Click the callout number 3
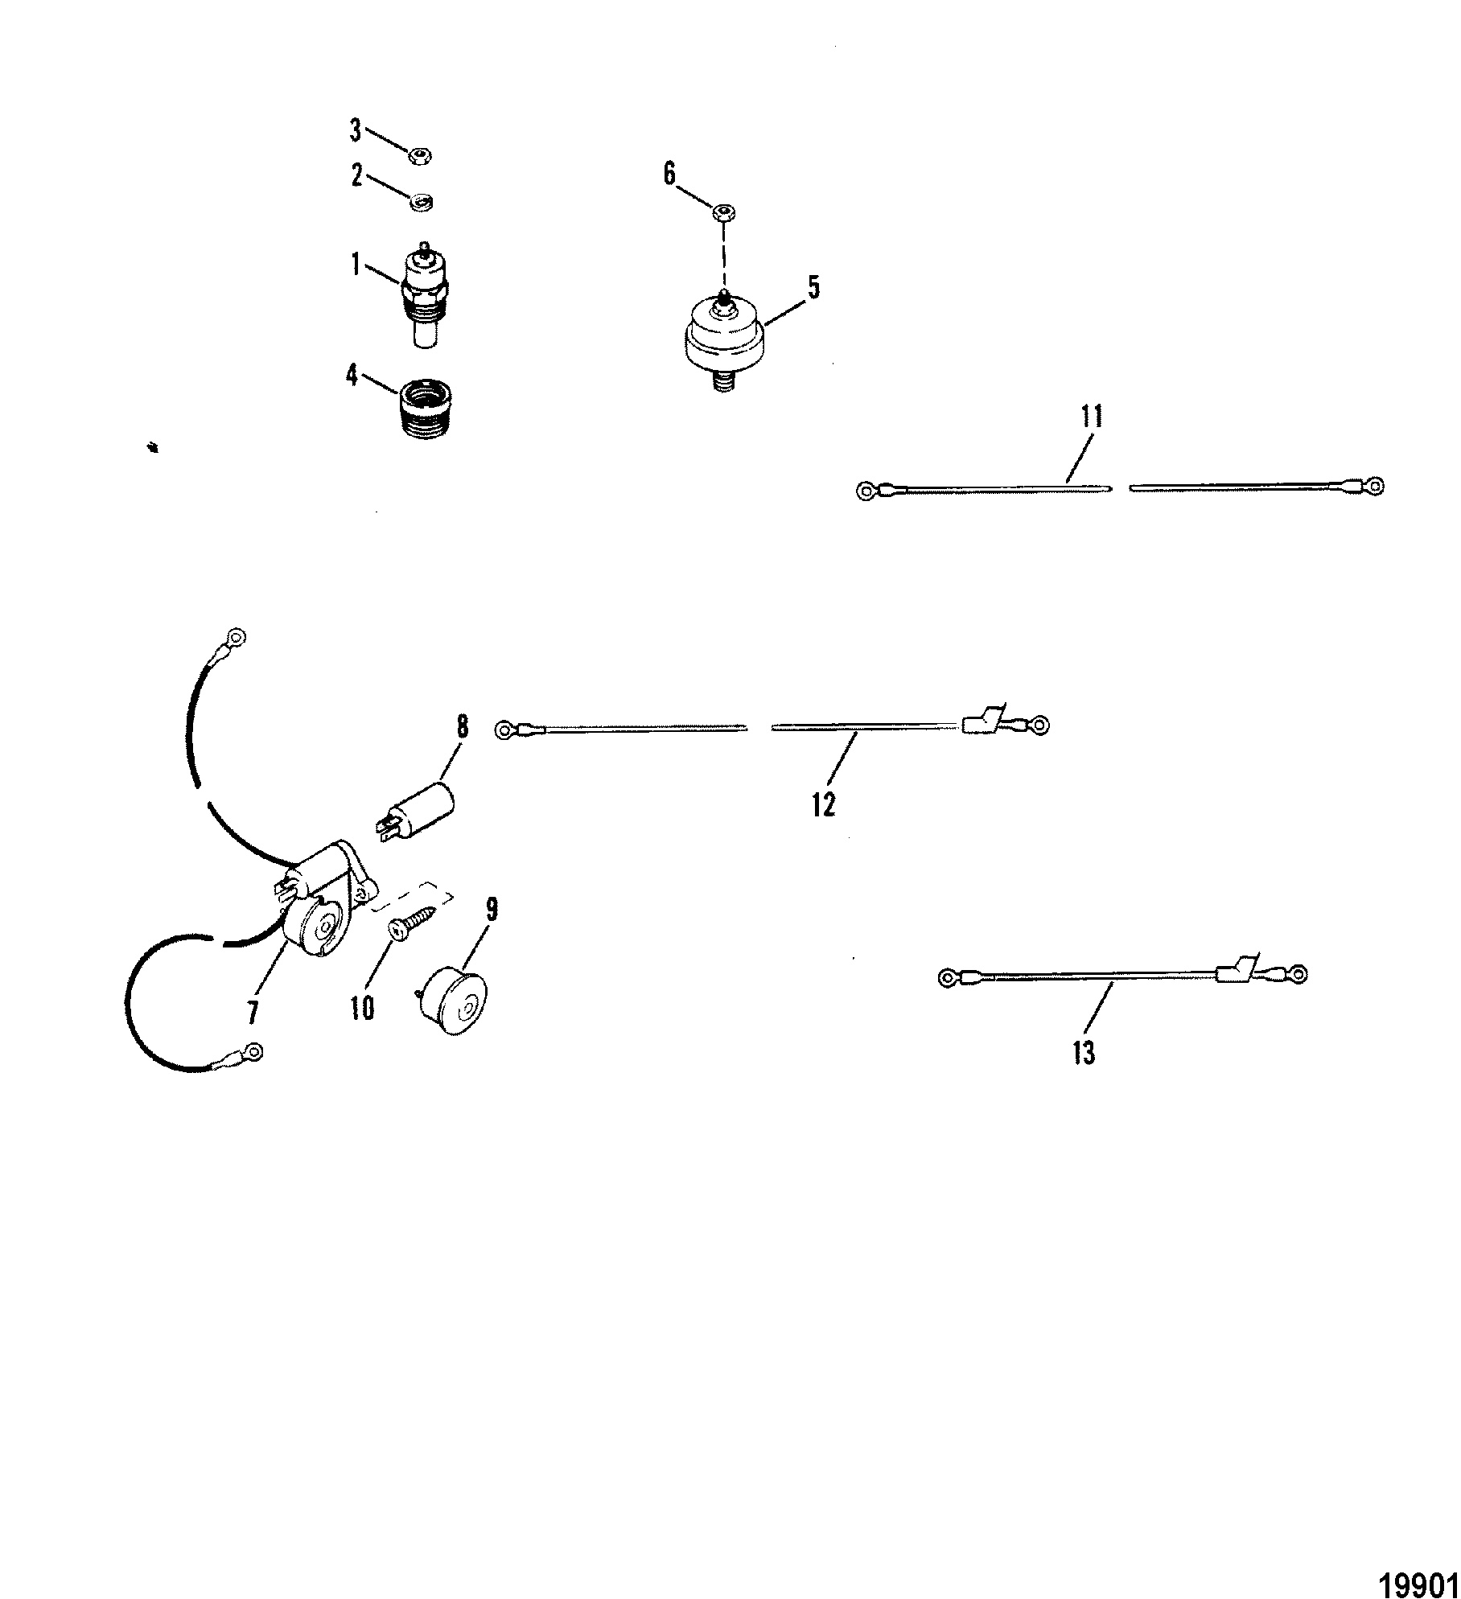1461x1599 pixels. tap(355, 132)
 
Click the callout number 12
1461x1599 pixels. tap(824, 804)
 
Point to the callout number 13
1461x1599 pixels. tap(1084, 1052)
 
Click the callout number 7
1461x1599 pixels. tap(253, 1013)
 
